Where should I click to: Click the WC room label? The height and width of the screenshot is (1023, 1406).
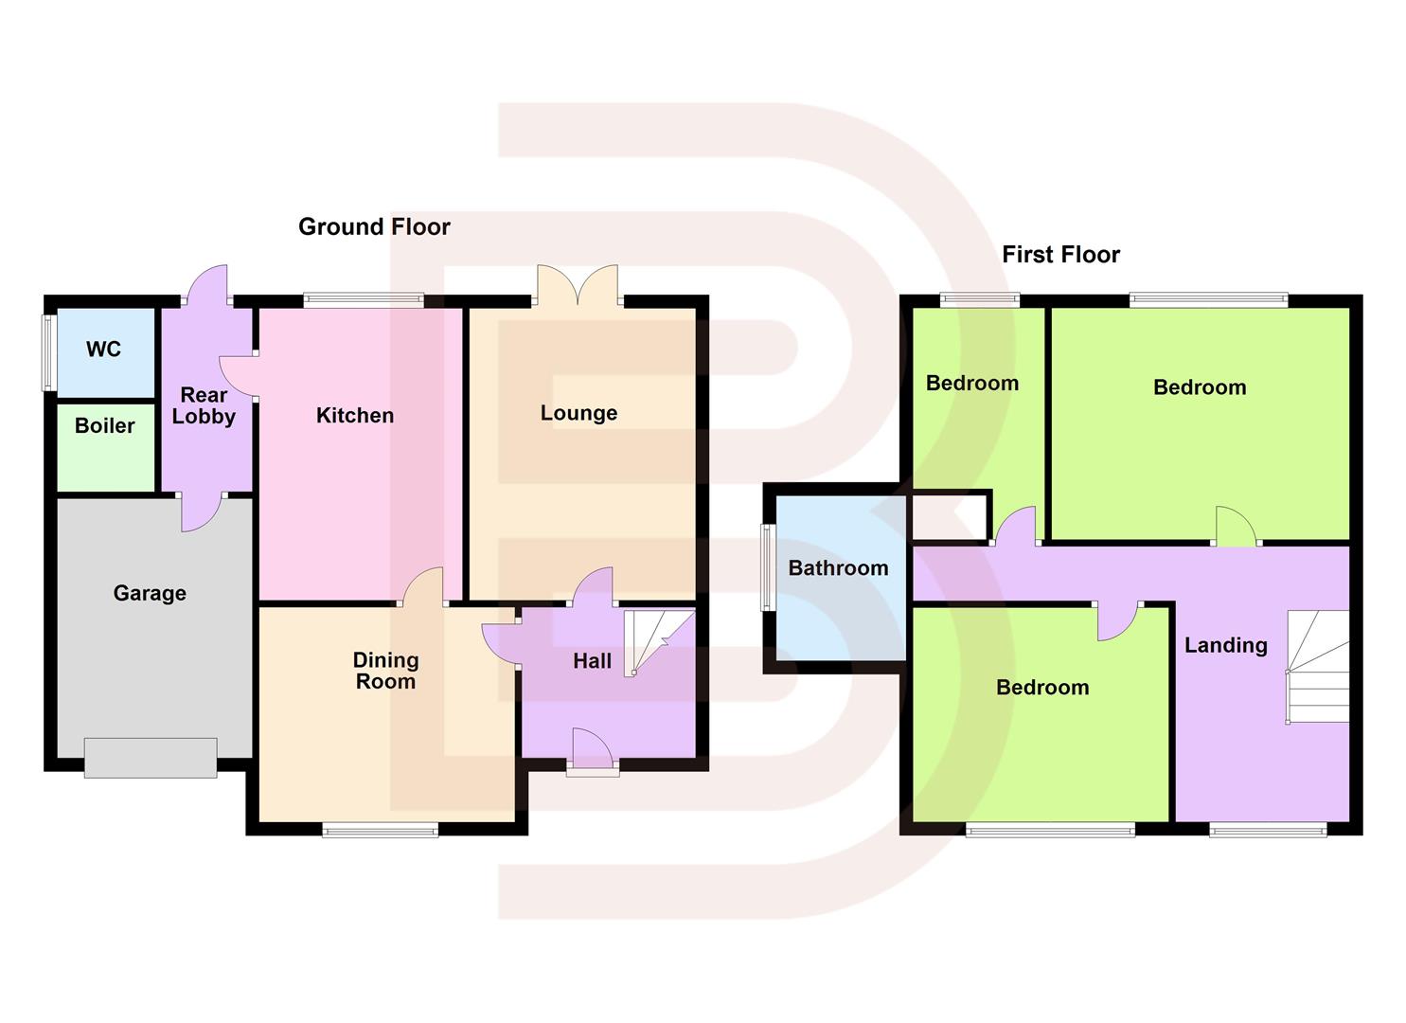point(104,350)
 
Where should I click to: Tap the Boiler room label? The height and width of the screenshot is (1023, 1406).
point(105,426)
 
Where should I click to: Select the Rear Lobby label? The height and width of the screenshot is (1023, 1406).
point(204,405)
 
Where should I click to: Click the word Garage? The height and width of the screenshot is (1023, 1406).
point(150,594)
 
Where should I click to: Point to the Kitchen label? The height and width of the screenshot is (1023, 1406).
point(355,416)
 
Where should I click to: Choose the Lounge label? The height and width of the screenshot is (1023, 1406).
point(578,413)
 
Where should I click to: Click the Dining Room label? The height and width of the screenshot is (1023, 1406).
point(385,671)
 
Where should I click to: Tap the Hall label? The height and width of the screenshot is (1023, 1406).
point(592,661)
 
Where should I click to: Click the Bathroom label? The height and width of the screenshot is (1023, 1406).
point(838,568)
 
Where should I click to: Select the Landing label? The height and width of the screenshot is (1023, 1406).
point(1225,646)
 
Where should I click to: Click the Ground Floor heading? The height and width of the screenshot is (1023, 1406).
point(374,227)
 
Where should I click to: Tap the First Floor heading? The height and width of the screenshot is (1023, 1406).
point(1060,255)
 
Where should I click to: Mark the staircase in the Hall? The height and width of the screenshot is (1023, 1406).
point(659,642)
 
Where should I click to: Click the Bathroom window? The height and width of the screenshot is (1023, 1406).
point(769,568)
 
